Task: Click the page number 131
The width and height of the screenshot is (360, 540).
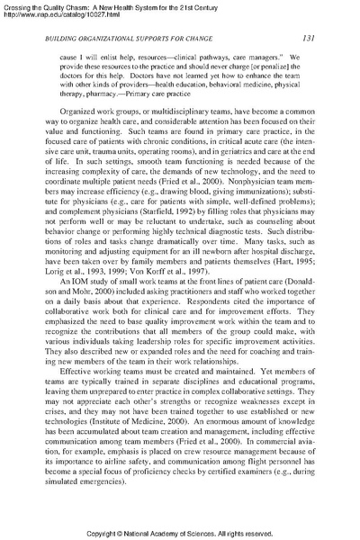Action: [307, 37]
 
